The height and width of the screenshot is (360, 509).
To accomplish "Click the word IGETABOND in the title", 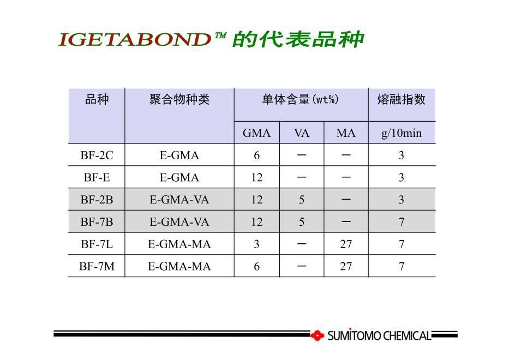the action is click(x=135, y=39).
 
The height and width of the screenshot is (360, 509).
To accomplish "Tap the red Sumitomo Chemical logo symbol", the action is click(x=317, y=335).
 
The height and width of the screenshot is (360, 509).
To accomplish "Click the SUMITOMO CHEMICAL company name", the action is click(x=379, y=335).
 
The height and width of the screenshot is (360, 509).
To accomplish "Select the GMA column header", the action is click(x=256, y=133).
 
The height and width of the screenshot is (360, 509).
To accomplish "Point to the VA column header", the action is click(x=302, y=133).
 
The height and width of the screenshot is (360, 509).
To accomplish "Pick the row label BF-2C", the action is click(x=97, y=155).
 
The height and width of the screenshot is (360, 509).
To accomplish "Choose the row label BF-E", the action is click(x=97, y=178).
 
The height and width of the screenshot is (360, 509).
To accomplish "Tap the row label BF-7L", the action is click(x=97, y=244).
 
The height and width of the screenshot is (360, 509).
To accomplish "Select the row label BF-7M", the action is click(x=97, y=267).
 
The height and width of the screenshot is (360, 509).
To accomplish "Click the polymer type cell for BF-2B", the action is click(x=179, y=200).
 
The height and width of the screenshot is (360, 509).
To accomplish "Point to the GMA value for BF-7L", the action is click(x=256, y=244).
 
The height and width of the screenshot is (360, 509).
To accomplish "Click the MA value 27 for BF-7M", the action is click(x=346, y=267).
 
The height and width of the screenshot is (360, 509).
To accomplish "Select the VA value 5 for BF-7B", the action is click(x=302, y=222).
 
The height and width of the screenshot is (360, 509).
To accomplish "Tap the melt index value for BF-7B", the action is click(x=402, y=222).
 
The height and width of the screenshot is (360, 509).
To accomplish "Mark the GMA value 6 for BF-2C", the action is click(x=256, y=155).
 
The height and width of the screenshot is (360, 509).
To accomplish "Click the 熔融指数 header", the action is click(x=402, y=99).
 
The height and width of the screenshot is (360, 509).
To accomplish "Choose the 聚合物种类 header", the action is click(x=179, y=99).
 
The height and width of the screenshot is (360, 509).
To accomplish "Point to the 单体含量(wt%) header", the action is click(x=301, y=99).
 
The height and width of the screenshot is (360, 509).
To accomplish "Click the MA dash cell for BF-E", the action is click(x=346, y=178).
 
